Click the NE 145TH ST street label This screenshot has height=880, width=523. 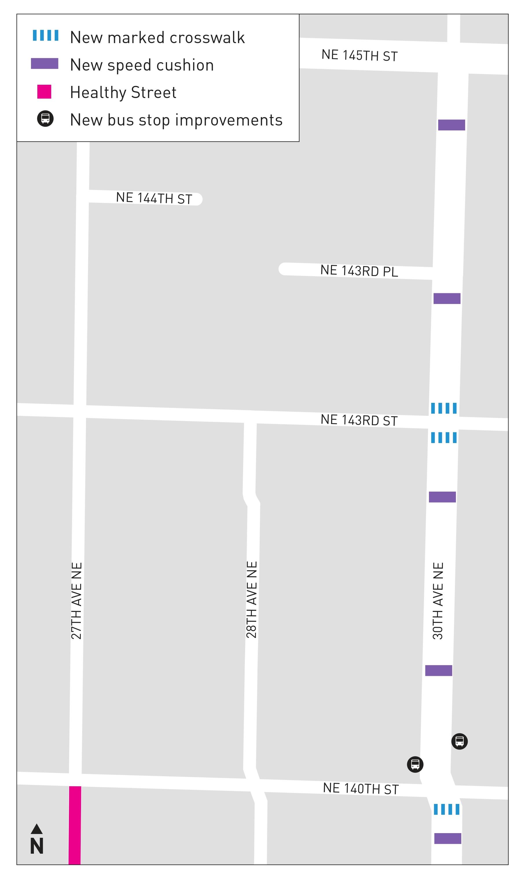coord(359,55)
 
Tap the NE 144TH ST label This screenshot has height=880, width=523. coord(154,198)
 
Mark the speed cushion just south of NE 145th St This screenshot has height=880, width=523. coord(452,125)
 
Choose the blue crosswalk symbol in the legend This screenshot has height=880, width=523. coord(45,35)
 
